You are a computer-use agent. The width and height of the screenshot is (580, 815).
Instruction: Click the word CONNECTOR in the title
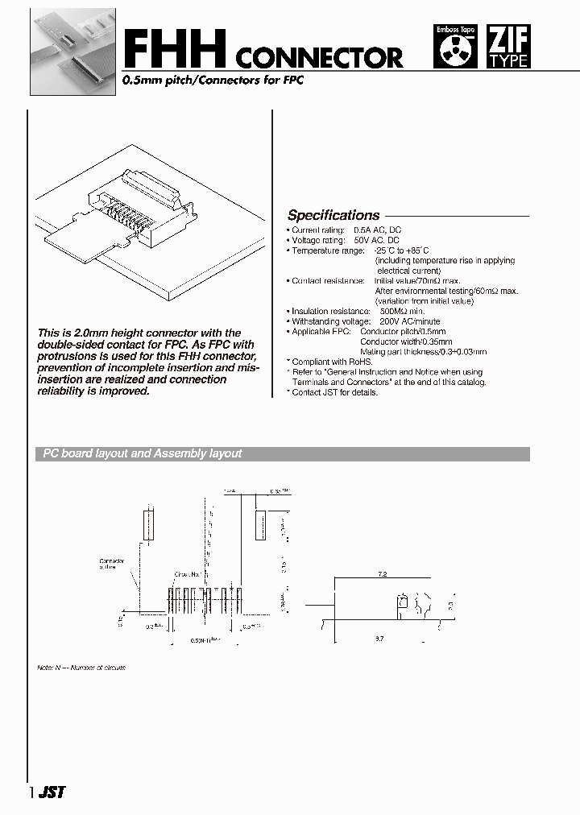click(320, 57)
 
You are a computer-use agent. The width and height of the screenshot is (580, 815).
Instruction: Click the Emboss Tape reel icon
click(455, 47)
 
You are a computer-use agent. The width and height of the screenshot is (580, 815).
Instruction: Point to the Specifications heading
click(333, 215)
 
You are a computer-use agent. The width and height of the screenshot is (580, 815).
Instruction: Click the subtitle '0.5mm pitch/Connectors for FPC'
click(212, 82)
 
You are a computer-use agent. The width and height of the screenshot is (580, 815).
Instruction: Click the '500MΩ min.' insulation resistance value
click(402, 311)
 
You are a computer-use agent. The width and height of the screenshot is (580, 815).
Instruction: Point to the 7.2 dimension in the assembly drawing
click(382, 573)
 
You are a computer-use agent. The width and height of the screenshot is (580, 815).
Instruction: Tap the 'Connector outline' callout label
click(111, 564)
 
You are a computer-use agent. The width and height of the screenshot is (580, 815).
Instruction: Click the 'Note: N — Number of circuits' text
click(81, 668)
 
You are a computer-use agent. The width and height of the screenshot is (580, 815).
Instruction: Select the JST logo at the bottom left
click(51, 792)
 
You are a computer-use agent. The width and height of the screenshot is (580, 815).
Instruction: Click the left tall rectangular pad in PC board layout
click(147, 524)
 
